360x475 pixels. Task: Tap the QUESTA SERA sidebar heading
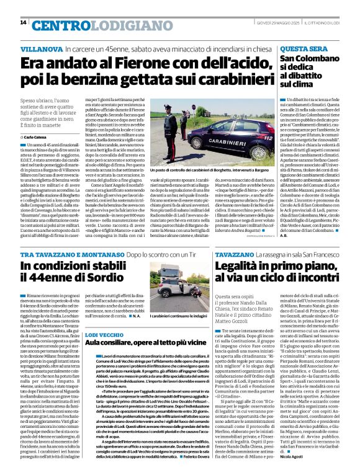pos(304,48)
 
